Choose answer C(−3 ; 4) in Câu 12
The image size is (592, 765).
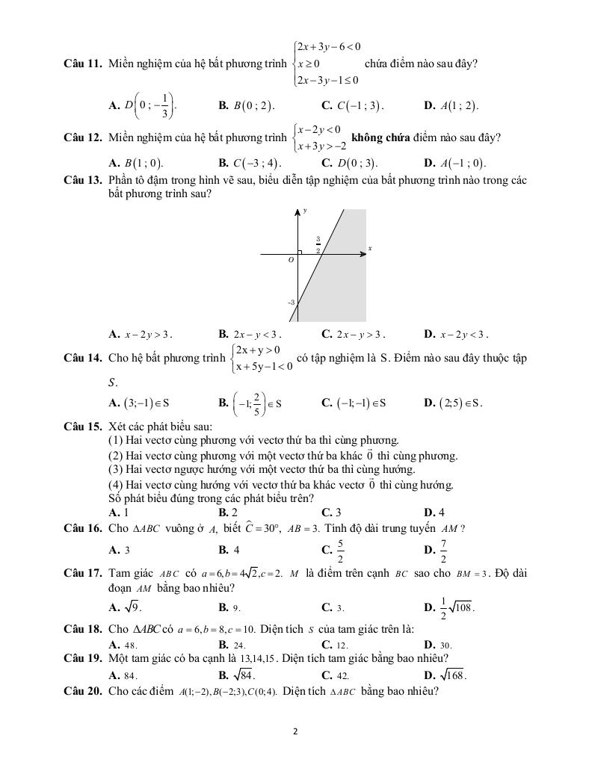pyautogui.click(x=256, y=163)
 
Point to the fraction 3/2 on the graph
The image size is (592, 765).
pyautogui.click(x=318, y=244)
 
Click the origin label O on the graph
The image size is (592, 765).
pyautogui.click(x=292, y=261)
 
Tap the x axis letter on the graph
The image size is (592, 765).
pyautogui.click(x=369, y=248)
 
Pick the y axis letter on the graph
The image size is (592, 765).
pyautogui.click(x=304, y=211)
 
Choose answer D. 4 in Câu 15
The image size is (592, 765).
pyautogui.click(x=434, y=512)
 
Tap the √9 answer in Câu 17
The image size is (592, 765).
pyautogui.click(x=132, y=607)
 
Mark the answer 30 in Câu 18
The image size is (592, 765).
pyautogui.click(x=445, y=645)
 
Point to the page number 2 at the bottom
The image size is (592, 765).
pyautogui.click(x=296, y=731)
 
